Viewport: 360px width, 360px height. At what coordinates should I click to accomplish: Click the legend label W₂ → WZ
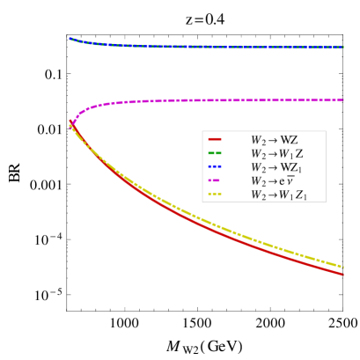[x=274, y=140]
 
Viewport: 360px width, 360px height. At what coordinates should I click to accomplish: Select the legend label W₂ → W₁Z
[x=276, y=154]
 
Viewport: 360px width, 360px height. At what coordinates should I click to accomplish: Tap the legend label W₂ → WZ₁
[x=276, y=167]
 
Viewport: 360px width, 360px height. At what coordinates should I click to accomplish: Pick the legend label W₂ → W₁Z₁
[x=279, y=195]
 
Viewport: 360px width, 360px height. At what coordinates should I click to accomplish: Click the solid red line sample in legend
[x=215, y=140]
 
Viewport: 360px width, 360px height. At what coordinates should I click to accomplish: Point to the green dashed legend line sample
[x=215, y=153]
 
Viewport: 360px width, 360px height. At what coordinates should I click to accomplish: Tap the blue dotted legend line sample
[x=215, y=167]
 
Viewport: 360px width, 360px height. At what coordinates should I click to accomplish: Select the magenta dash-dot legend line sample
[x=215, y=180]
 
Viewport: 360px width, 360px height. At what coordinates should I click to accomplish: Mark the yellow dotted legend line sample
[x=215, y=195]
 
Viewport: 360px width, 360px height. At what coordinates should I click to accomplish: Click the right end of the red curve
[x=343, y=274]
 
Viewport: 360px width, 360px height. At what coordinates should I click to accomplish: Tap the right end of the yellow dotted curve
[x=343, y=267]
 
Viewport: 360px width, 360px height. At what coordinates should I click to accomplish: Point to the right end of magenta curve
[x=343, y=100]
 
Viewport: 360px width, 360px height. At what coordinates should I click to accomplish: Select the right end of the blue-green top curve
[x=343, y=48]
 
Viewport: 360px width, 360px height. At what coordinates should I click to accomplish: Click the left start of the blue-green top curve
[x=70, y=38]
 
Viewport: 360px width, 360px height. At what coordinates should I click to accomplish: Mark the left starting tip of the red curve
[x=70, y=121]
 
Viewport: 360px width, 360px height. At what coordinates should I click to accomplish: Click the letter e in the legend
[x=283, y=182]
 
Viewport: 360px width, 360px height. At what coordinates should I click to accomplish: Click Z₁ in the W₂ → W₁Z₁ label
[x=301, y=195]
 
